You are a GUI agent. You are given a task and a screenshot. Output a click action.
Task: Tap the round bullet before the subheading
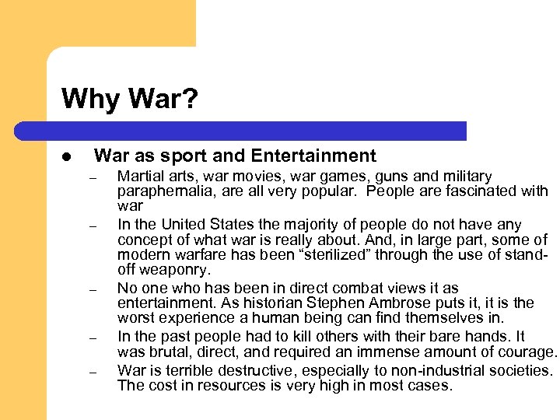[x=68, y=157]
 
